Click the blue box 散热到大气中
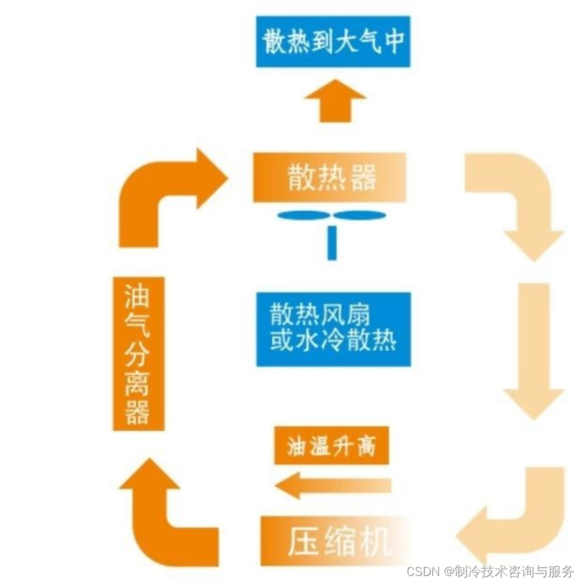click(x=333, y=41)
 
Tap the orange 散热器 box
click(x=330, y=177)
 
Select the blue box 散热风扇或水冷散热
click(x=333, y=328)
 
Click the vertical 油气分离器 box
click(x=138, y=353)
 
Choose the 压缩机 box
click(x=334, y=540)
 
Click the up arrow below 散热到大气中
click(x=335, y=100)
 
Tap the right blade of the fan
click(x=360, y=215)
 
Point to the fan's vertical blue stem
click(x=332, y=243)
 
